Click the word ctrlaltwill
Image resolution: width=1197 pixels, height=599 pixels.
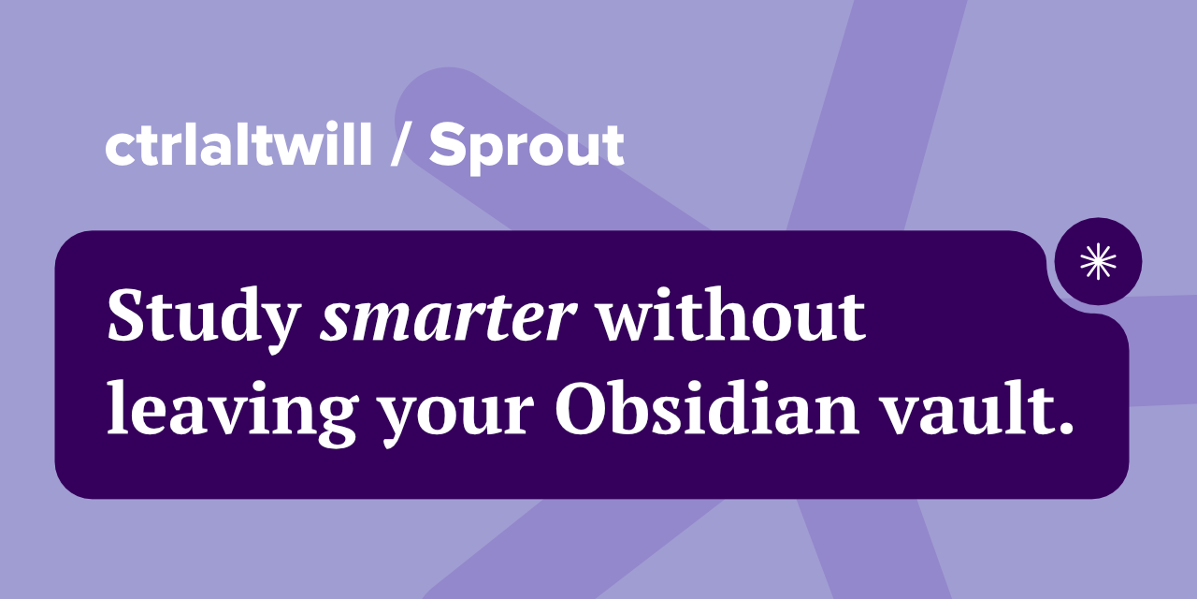[238, 146]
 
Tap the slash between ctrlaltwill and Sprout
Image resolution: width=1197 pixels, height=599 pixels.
[400, 148]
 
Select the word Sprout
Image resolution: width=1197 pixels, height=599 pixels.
[526, 148]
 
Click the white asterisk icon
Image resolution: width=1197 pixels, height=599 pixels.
[1098, 261]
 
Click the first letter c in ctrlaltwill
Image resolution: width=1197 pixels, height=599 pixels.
[117, 150]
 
